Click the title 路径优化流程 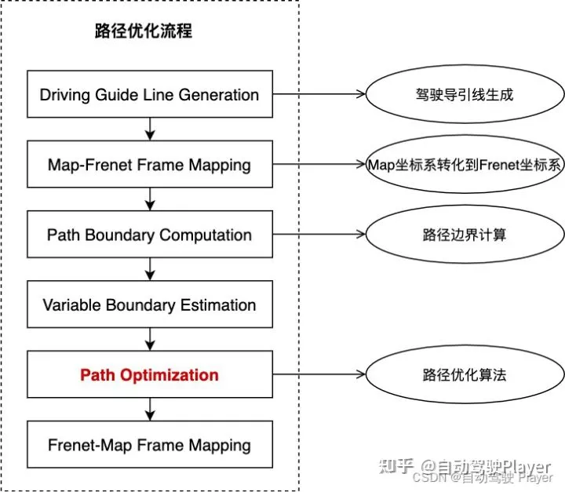tap(142, 32)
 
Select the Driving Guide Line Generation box tap(149, 95)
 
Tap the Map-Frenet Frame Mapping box tap(149, 165)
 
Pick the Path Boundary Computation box tap(149, 235)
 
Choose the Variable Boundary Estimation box tap(149, 304)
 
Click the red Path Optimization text tap(149, 374)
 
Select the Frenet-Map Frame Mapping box tap(149, 445)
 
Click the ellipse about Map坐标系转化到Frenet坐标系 tap(464, 165)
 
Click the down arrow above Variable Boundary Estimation tap(149, 270)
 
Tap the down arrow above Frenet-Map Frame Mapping tap(149, 410)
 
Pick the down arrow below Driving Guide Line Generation tap(149, 130)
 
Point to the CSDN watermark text tap(430, 476)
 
